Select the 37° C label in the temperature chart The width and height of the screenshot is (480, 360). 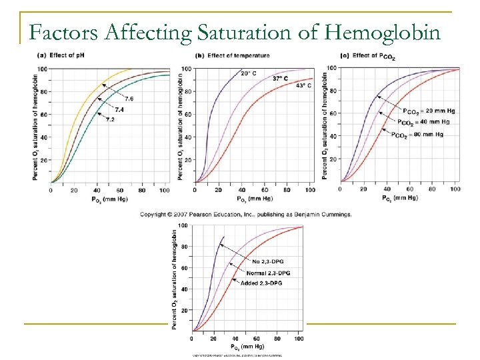tap(281, 79)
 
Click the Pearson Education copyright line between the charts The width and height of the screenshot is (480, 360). tap(246, 214)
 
